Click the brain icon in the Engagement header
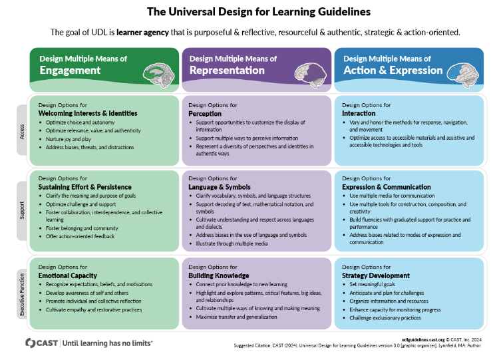point(158,75)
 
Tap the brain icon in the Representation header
point(311,75)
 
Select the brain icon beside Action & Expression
point(463,75)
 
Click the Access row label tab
point(22,130)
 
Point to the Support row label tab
point(22,211)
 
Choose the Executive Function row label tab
point(22,294)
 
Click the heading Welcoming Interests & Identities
point(88,113)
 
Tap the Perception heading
point(205,114)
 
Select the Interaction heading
point(359,113)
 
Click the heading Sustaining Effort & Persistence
point(85,187)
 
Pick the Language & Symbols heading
point(220,187)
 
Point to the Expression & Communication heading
point(387,187)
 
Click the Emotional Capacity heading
point(68,275)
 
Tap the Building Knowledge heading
point(219,275)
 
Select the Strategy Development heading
point(376,275)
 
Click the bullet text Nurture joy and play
point(69,139)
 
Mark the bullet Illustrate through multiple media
point(232,244)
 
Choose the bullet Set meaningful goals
point(373,285)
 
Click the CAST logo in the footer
point(41,343)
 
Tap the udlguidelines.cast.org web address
point(423,339)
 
